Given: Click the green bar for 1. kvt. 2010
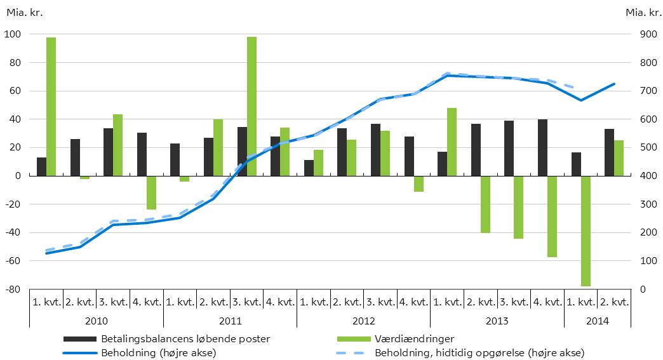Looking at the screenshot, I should click(51, 107).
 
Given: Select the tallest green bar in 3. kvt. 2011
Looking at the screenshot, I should click(251, 106).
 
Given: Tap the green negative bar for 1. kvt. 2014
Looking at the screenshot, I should click(586, 230).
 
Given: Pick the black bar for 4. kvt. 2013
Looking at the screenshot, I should click(542, 147).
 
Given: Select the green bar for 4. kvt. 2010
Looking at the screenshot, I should click(151, 192).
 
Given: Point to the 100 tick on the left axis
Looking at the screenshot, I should click(13, 34).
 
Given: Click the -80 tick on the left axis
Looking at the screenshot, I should click(13, 290).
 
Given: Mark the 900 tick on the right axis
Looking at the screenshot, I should click(645, 34).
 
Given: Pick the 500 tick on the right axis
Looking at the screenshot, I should click(645, 148).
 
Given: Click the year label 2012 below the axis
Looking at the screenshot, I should click(363, 321).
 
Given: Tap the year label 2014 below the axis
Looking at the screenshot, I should click(598, 321).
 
